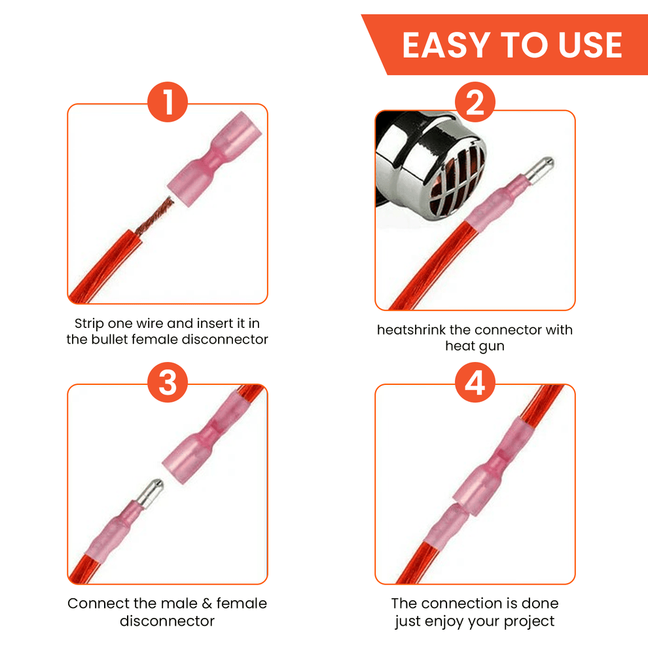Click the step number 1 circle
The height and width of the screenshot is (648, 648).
pos(168,102)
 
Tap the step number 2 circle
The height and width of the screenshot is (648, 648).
pos(475,102)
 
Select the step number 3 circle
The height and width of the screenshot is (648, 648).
pos(168,382)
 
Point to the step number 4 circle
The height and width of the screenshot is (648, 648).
pos(475,382)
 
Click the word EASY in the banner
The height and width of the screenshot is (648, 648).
pos(446,45)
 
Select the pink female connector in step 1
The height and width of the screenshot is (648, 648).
pos(215,159)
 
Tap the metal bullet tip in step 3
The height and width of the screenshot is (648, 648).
pos(150,493)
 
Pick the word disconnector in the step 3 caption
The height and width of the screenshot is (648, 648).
pos(168,621)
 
